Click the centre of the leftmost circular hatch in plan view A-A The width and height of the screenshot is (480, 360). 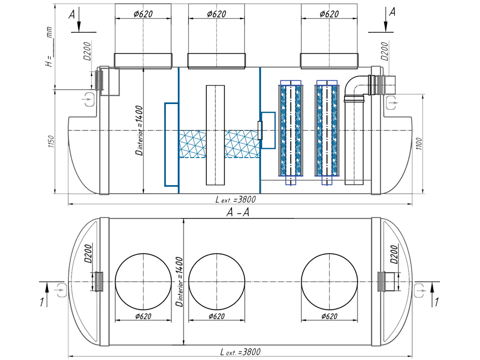click(x=143, y=282)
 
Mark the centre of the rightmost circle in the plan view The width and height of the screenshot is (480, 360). click(x=330, y=282)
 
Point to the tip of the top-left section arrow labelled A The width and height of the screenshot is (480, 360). click(x=79, y=31)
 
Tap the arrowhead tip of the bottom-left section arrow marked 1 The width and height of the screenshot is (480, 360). click(x=47, y=283)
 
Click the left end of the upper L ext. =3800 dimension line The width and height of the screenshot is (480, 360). click(x=68, y=203)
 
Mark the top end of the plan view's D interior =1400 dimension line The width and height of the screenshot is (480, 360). click(x=183, y=218)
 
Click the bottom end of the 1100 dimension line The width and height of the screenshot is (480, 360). click(x=423, y=194)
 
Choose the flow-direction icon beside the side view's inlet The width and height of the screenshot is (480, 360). click(x=89, y=99)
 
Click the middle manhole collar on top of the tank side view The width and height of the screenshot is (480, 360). click(x=217, y=61)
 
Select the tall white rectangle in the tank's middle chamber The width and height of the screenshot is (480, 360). click(x=215, y=135)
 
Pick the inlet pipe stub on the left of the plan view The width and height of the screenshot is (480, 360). click(x=99, y=282)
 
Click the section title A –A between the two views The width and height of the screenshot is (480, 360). click(x=238, y=212)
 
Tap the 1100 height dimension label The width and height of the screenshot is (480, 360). click(x=419, y=144)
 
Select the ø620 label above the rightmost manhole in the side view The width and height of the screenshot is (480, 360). click(x=329, y=14)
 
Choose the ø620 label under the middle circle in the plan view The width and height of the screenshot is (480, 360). click(x=217, y=316)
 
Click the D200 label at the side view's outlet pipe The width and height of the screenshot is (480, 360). click(x=384, y=52)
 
